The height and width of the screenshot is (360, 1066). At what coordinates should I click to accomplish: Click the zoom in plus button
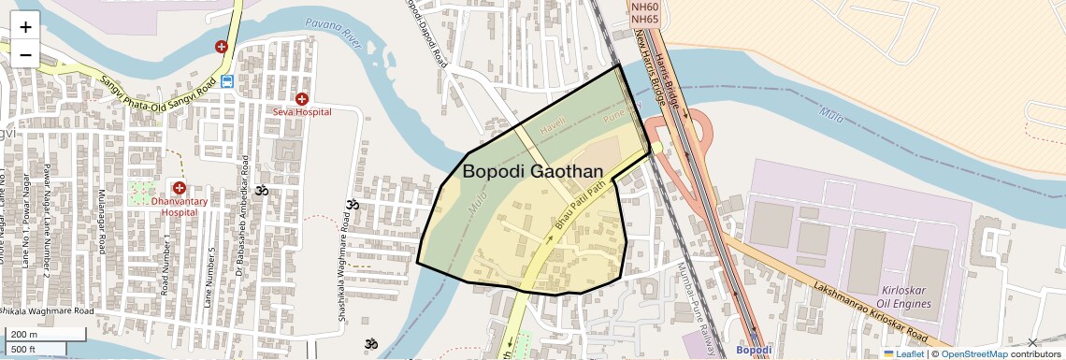click(25, 26)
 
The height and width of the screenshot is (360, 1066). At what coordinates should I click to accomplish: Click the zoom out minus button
click(25, 54)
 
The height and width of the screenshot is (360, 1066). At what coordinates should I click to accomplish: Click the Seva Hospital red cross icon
click(302, 98)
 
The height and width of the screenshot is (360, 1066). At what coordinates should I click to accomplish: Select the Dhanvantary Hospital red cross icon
click(179, 188)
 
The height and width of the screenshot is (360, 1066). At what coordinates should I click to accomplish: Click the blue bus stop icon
click(228, 81)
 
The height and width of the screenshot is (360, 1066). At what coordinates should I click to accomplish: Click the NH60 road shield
click(645, 7)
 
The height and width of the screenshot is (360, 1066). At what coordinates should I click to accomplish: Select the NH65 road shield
click(645, 19)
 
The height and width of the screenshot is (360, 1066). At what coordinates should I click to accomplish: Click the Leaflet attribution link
click(903, 353)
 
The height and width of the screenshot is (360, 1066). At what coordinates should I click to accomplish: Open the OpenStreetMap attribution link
click(973, 353)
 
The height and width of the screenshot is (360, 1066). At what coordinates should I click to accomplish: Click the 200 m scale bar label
click(23, 335)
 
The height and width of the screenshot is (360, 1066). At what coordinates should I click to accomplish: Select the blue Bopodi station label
click(753, 351)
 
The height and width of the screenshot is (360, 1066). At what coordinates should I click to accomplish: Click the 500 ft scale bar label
click(23, 349)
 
